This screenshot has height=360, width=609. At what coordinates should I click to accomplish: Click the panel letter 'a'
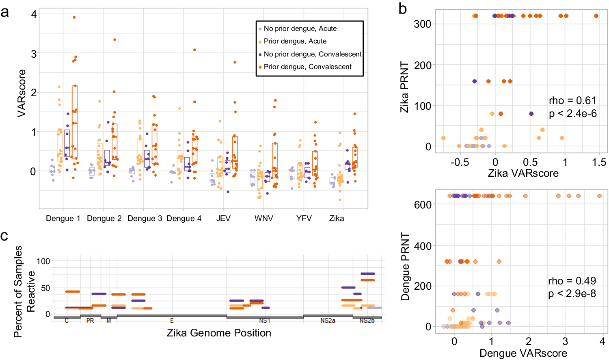click(x=5, y=12)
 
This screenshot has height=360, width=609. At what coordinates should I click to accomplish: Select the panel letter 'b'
click(x=402, y=9)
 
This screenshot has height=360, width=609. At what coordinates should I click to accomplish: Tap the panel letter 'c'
click(x=4, y=236)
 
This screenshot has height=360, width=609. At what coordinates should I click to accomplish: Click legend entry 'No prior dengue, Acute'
click(x=300, y=28)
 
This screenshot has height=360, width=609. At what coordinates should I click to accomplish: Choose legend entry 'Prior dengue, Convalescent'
click(x=307, y=67)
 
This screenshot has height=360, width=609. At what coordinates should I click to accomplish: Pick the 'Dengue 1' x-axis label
click(x=63, y=219)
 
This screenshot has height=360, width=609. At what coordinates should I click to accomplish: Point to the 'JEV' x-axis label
click(x=223, y=219)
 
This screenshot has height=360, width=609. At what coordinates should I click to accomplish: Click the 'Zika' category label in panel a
click(x=337, y=219)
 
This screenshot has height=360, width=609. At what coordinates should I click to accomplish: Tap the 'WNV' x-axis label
click(x=263, y=219)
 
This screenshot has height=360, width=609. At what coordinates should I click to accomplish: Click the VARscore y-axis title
click(x=22, y=93)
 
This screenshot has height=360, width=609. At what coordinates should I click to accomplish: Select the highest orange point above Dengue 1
click(x=74, y=17)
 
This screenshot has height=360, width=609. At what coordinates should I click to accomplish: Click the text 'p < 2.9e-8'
click(x=572, y=293)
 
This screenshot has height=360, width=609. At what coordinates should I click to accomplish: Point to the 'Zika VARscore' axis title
click(x=523, y=173)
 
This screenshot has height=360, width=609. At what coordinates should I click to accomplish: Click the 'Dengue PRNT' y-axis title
click(x=405, y=266)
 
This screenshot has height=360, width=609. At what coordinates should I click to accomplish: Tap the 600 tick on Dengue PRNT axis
click(x=423, y=204)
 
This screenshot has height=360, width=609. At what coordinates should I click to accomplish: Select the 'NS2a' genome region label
click(x=328, y=321)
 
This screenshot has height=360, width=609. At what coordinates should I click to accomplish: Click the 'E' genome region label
click(x=172, y=321)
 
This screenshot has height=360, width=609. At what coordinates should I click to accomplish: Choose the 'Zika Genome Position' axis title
click(x=219, y=333)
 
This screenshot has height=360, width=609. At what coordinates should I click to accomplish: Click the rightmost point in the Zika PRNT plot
click(x=596, y=16)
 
